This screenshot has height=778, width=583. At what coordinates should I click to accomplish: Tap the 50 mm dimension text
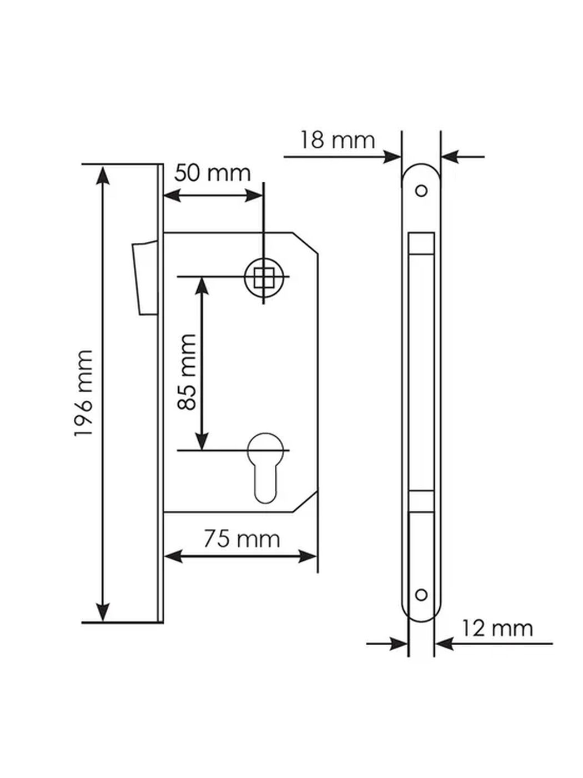pyautogui.click(x=213, y=173)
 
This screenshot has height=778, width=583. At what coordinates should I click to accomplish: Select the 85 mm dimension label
pyautogui.click(x=187, y=372)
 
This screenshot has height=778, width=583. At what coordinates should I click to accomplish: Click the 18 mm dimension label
pyautogui.click(x=338, y=141)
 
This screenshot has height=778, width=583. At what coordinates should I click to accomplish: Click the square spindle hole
pyautogui.click(x=264, y=277)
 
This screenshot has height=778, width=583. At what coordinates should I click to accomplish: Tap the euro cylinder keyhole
pyautogui.click(x=265, y=467)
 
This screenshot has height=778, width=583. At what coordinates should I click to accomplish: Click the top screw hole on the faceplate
pyautogui.click(x=421, y=191)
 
